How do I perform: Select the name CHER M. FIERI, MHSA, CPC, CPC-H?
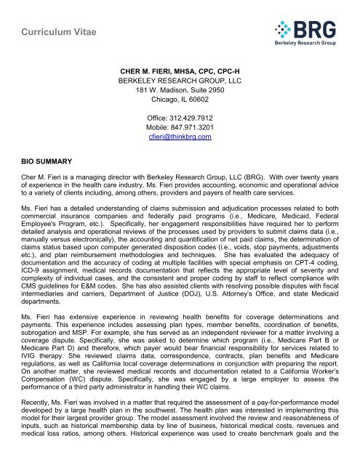(x=180, y=71)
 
